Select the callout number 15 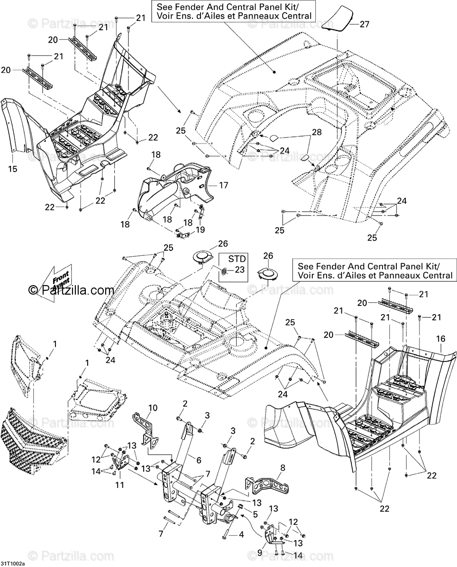12,169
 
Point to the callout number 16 441,339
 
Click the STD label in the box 237,259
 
